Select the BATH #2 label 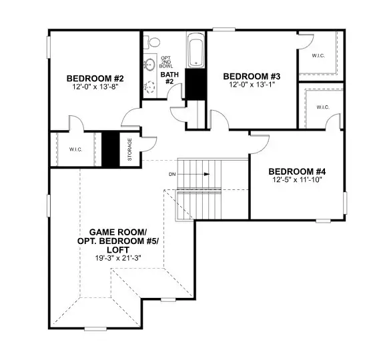168,79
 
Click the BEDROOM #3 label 251,76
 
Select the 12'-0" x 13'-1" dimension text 251,85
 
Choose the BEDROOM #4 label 296,171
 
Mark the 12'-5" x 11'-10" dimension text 296,181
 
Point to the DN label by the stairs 171,175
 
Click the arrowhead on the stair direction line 208,175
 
